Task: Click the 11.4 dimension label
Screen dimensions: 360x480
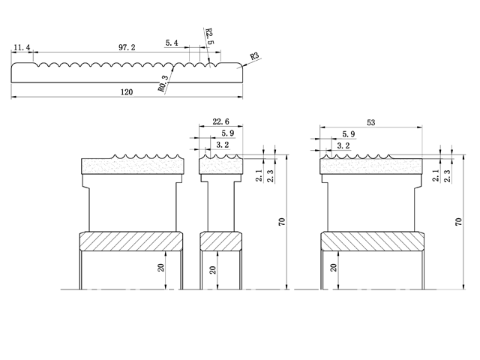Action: tap(21, 48)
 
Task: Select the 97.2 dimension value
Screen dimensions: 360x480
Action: tap(127, 47)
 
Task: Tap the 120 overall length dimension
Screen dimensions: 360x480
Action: tap(127, 92)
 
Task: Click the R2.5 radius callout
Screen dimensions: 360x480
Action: tap(211, 37)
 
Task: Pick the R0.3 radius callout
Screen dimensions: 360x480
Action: tap(163, 83)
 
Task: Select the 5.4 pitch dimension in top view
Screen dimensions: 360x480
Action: tap(171, 44)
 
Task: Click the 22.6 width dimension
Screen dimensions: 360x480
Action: tap(221, 122)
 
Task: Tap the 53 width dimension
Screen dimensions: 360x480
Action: tap(372, 122)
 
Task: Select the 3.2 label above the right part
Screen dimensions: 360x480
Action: tap(343, 145)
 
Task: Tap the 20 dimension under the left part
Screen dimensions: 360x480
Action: tap(162, 269)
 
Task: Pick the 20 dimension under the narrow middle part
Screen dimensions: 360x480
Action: tap(213, 270)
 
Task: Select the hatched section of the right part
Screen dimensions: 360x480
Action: tap(372, 242)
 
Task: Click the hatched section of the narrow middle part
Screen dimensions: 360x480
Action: tap(221, 242)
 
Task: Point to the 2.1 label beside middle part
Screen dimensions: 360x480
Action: tap(259, 177)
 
